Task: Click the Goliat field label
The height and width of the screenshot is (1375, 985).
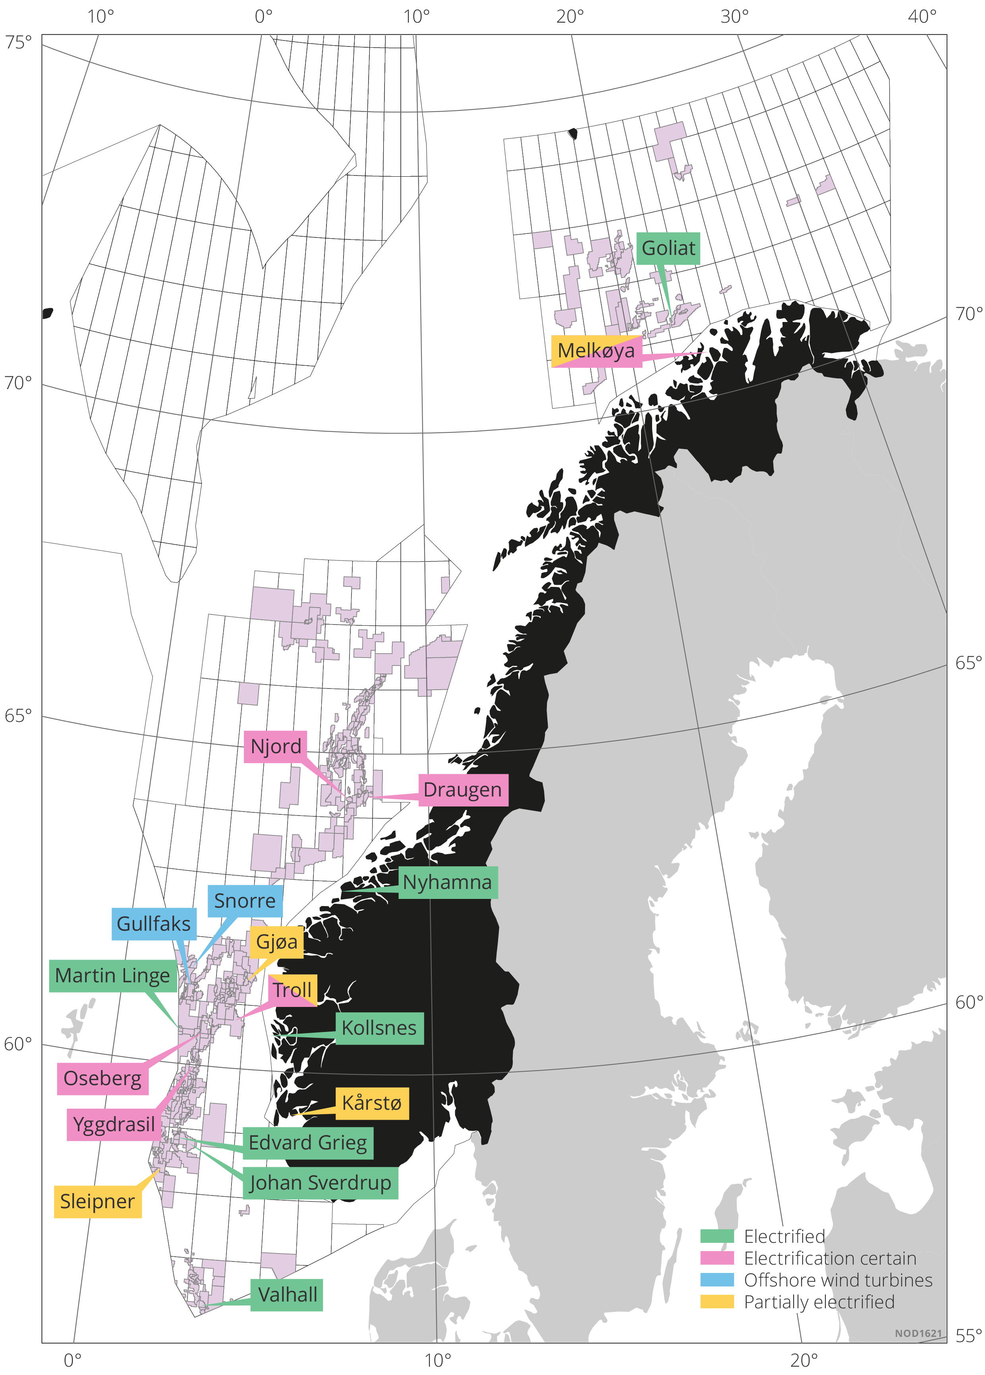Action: coord(668,249)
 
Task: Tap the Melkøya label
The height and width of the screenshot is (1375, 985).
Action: coord(596,351)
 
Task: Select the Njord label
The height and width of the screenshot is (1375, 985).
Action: coord(275,746)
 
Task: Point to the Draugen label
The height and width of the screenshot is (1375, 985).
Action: coord(463,790)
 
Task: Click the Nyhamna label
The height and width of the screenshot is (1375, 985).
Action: coord(448,883)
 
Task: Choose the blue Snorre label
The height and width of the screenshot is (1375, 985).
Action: coord(245,901)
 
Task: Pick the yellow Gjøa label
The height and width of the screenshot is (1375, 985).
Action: coord(276,942)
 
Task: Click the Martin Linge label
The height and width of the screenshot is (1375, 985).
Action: coord(113,976)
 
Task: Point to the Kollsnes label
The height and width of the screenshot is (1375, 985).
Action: coord(379,1028)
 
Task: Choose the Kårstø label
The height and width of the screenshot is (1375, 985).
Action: coord(372,1103)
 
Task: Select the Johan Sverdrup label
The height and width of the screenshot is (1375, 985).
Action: coord(320,1183)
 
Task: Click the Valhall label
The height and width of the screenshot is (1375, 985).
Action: coord(287,1295)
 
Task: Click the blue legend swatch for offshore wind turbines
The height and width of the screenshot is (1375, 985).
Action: coord(717,1280)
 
